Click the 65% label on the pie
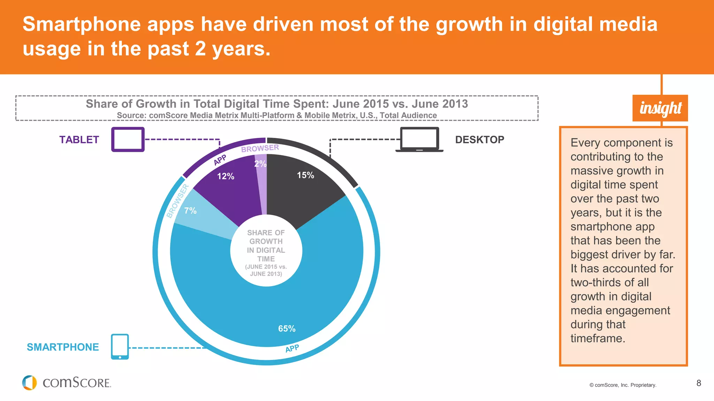(x=287, y=329)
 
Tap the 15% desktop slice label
(x=305, y=175)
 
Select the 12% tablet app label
(x=226, y=176)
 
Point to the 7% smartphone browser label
(x=190, y=211)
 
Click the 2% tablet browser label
(x=260, y=164)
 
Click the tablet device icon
(x=128, y=140)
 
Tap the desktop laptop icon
(x=419, y=140)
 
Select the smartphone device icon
(x=120, y=347)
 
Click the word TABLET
(x=79, y=140)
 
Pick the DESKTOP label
(x=479, y=140)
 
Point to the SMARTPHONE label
(x=63, y=347)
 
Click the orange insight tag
(x=660, y=108)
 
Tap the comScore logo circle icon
(x=29, y=383)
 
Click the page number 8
(x=699, y=383)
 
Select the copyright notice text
(x=623, y=385)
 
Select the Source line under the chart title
(x=276, y=116)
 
